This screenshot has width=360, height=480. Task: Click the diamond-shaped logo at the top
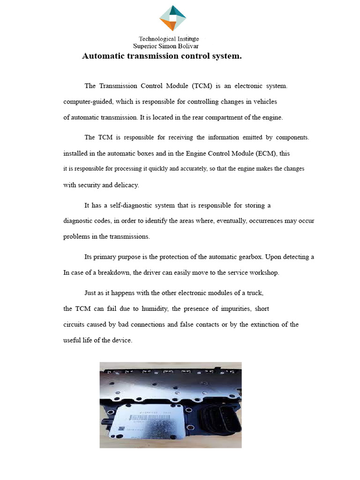pyautogui.click(x=173, y=19)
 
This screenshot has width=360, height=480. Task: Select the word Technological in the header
pyautogui.click(x=157, y=39)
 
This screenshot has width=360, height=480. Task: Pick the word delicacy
pyautogui.click(x=127, y=185)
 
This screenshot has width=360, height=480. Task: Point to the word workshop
pyautogui.click(x=266, y=273)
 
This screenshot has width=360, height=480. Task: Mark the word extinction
pyautogui.click(x=259, y=324)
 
